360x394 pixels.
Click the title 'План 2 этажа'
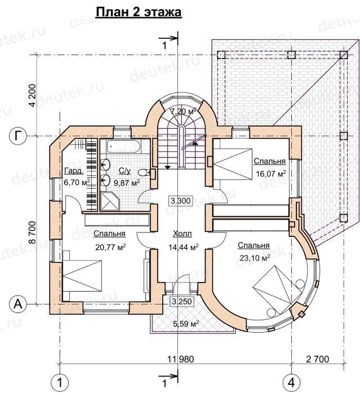tap(139, 12)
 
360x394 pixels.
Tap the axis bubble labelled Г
tap(17, 136)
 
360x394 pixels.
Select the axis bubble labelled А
tap(17, 305)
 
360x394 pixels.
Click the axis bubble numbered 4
tap(292, 383)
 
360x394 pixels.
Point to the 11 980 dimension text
tap(181, 359)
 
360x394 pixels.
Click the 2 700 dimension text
tap(318, 359)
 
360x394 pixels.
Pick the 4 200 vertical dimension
tap(33, 95)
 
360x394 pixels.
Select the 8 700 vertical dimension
tap(33, 232)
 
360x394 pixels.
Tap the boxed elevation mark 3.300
tap(180, 201)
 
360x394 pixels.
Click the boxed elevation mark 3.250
tap(183, 301)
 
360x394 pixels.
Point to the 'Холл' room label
tap(183, 234)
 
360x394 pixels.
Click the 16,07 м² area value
tap(270, 173)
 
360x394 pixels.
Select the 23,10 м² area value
tap(255, 258)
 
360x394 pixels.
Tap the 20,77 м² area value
tap(110, 247)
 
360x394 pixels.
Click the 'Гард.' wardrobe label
tap(74, 171)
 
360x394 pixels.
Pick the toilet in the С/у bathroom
tap(145, 172)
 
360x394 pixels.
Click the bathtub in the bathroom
tap(123, 147)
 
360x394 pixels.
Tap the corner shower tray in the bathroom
tap(110, 201)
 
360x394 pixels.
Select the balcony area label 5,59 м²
tap(186, 324)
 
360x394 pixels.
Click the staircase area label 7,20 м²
tap(183, 111)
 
